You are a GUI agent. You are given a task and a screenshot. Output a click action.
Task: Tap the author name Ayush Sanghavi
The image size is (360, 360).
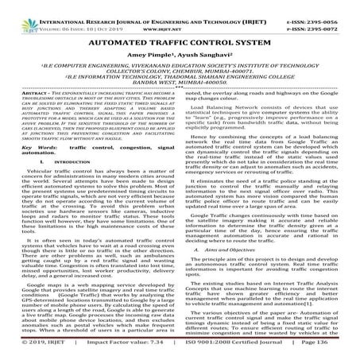pyautogui.click(x=199, y=56)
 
